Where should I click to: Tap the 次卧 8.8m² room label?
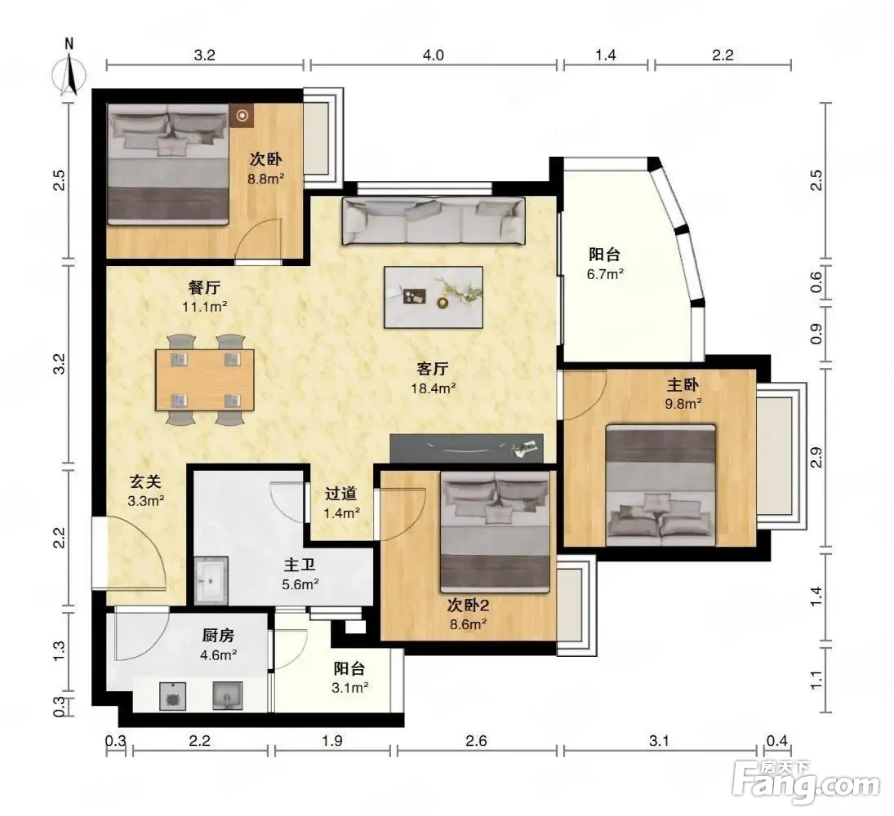pos(265,169)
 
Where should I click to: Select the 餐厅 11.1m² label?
pos(205,296)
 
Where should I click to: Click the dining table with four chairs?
pos(205,379)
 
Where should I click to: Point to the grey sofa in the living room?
pos(434,221)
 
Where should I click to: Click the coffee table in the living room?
pos(434,297)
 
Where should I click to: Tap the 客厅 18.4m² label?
pos(433,379)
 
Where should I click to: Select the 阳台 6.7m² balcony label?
pos(605,264)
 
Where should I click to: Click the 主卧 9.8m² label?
pos(683,394)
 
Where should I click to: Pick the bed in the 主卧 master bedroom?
pos(660,485)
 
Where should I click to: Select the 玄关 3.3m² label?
pos(146,491)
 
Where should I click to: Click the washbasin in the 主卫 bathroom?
pos(211,580)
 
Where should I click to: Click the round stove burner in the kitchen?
pos(171,696)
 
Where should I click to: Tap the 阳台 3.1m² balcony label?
pos(349,677)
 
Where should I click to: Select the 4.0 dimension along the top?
pos(434,55)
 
